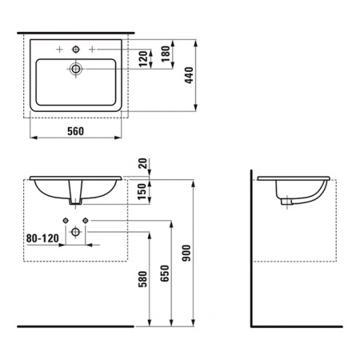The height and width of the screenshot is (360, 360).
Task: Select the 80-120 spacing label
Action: tap(43, 238)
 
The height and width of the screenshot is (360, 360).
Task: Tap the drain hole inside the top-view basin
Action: tap(76, 70)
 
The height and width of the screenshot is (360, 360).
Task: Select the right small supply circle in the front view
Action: tap(85, 220)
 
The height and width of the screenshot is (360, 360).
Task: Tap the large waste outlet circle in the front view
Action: tap(75, 231)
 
